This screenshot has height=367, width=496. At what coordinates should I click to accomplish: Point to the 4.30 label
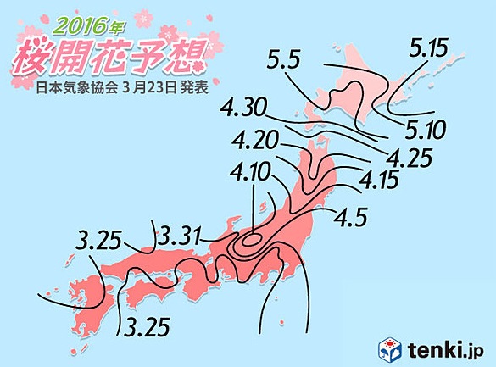coord(245,109)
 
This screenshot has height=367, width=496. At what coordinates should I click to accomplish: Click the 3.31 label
coord(181,232)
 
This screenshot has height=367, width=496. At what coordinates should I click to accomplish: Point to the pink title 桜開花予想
coord(109,55)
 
